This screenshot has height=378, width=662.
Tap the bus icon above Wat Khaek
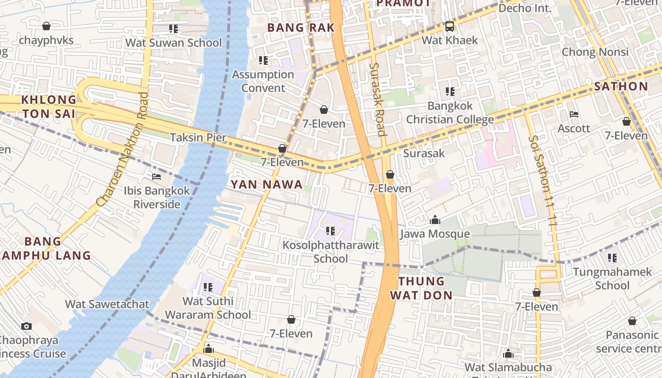(449, 26)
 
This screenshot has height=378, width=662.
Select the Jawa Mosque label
(435, 234)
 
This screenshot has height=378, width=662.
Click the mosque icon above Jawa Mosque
(435, 220)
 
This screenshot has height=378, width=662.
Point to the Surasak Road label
(378, 99)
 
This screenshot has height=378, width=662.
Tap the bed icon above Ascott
(574, 114)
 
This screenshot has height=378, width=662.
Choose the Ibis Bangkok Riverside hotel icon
(157, 177)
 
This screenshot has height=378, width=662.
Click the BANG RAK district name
(301, 28)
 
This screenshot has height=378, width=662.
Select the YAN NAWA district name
(267, 184)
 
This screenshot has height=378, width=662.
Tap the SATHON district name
(620, 86)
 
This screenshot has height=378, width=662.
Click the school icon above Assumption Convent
(263, 60)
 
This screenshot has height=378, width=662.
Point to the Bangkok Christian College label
(450, 112)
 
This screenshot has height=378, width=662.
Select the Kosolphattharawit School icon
(331, 231)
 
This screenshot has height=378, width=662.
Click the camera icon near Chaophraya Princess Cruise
(26, 326)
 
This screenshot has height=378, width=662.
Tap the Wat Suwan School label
(173, 43)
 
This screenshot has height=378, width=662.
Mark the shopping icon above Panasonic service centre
(632, 321)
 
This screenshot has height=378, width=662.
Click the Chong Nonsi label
(595, 52)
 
